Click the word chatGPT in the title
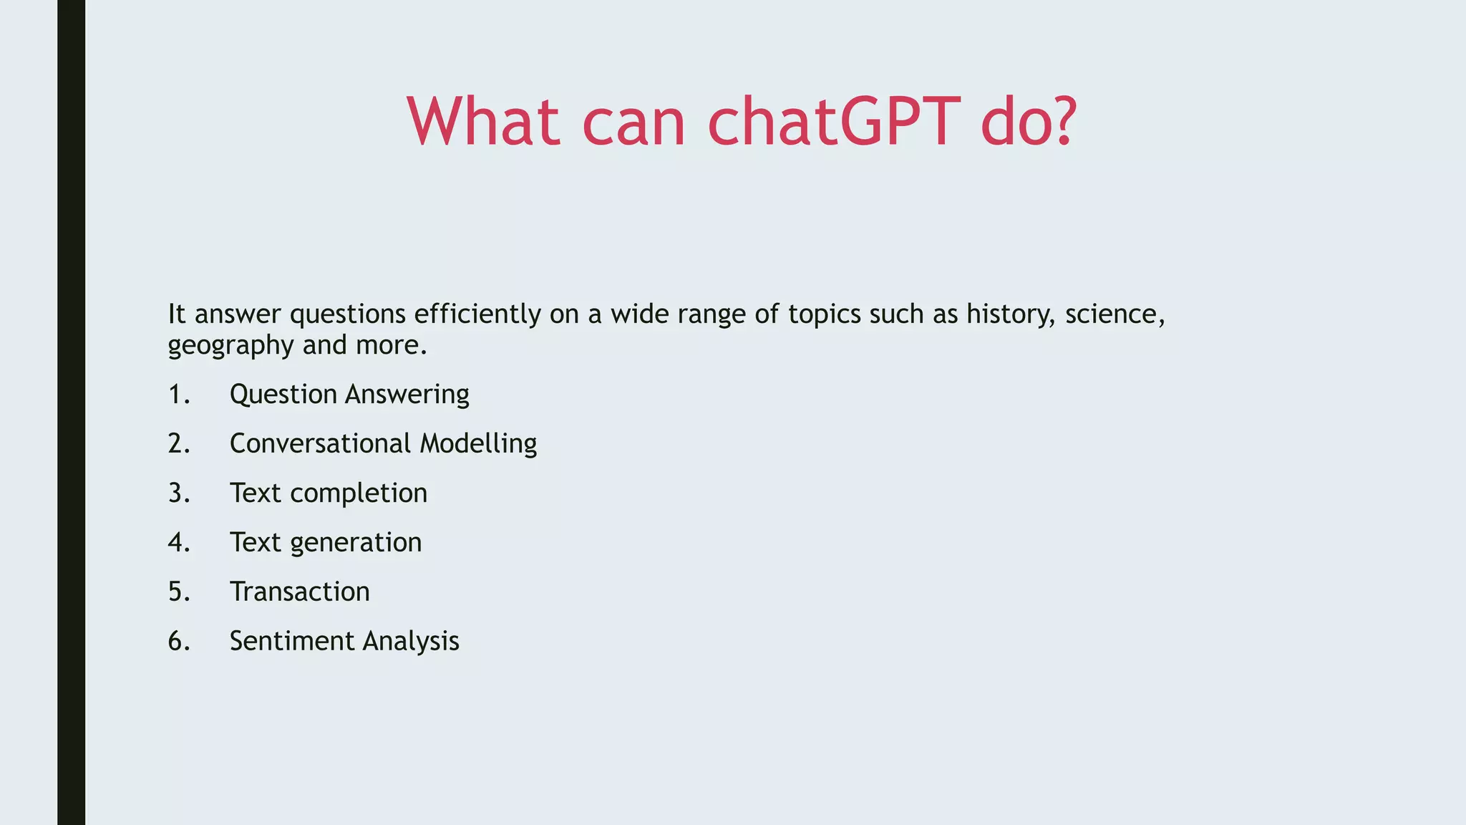tap(833, 122)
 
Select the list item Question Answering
tap(349, 395)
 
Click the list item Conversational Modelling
tap(383, 444)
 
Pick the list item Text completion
tap(329, 493)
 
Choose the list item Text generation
tap(326, 543)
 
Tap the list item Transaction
tap(300, 592)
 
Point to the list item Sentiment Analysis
tap(344, 641)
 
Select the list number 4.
tap(178, 543)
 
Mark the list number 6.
tap(178, 641)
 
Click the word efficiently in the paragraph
tap(477, 314)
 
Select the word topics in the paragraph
tap(825, 314)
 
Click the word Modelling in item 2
tap(478, 444)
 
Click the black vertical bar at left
tap(71, 412)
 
